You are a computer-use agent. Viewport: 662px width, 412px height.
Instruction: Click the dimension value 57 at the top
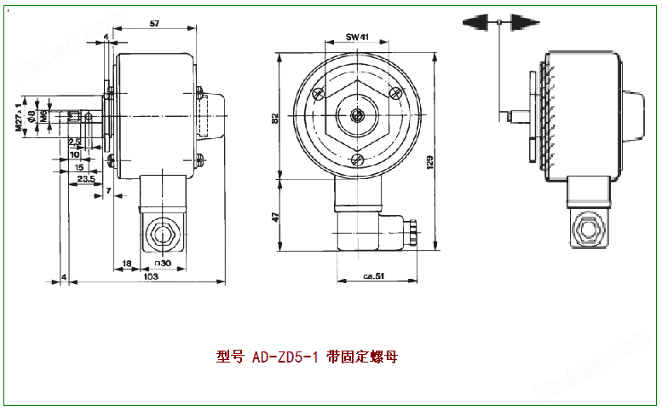154,23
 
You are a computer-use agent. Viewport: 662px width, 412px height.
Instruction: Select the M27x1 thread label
18,116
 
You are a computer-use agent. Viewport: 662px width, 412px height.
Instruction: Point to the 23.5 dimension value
85,179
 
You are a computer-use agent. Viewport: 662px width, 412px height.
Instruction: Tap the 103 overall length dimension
150,276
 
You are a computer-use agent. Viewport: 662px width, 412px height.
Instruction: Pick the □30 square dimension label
162,264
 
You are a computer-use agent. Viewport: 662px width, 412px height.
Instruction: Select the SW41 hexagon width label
357,38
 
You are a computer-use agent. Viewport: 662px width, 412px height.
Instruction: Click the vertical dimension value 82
275,118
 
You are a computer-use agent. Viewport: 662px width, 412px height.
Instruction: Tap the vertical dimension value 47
275,218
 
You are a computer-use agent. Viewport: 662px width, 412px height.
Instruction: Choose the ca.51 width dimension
373,276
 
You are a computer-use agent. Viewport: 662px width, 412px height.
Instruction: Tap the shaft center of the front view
359,115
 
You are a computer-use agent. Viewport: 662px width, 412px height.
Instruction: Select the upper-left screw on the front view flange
318,92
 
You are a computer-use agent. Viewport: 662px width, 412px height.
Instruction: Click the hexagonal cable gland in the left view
159,231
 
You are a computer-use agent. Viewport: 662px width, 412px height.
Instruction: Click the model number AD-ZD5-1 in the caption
285,357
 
